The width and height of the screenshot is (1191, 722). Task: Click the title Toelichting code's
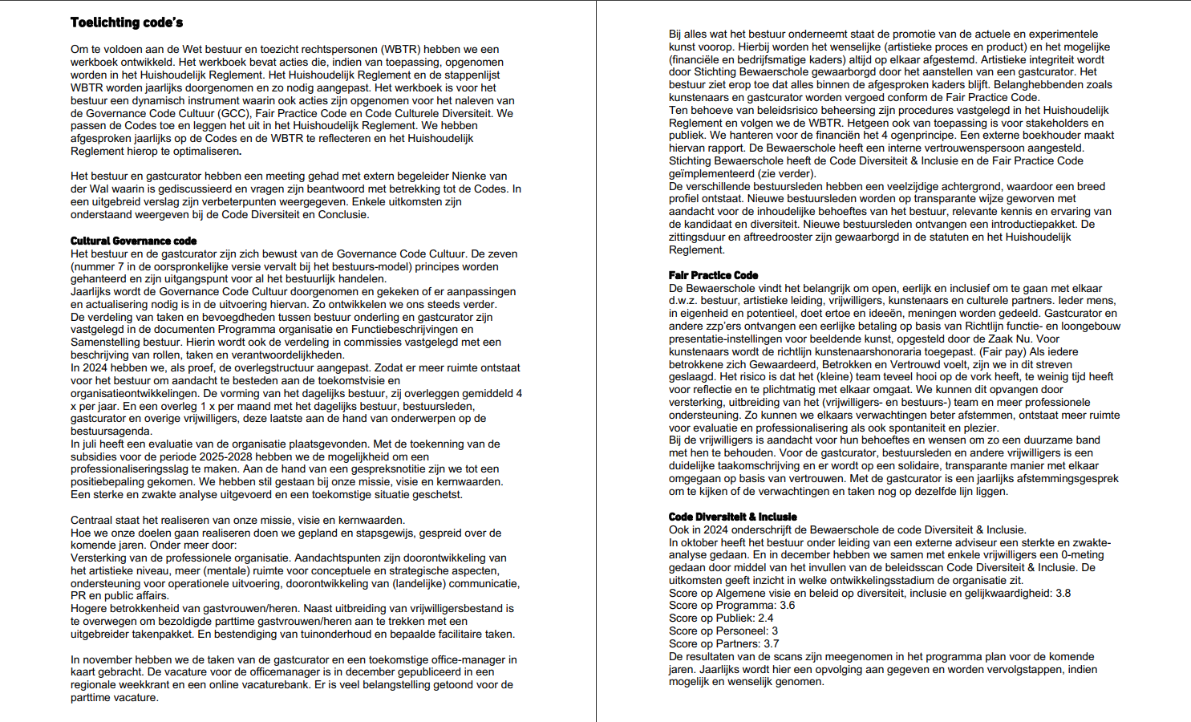pos(127,22)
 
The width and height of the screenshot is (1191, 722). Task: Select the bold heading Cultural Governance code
pos(133,241)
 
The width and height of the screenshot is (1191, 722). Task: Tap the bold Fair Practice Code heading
pos(713,275)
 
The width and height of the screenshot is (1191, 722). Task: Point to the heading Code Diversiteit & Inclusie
pos(732,517)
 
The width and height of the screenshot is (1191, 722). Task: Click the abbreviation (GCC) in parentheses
pos(234,113)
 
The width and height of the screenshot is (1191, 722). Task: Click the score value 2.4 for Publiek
pos(765,619)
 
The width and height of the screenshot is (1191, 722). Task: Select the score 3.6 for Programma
pos(787,606)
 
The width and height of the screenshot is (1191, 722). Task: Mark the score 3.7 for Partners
pos(770,643)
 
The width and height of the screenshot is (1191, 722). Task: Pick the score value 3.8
pos(1062,593)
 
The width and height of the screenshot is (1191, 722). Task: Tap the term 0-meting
pos(1082,554)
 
